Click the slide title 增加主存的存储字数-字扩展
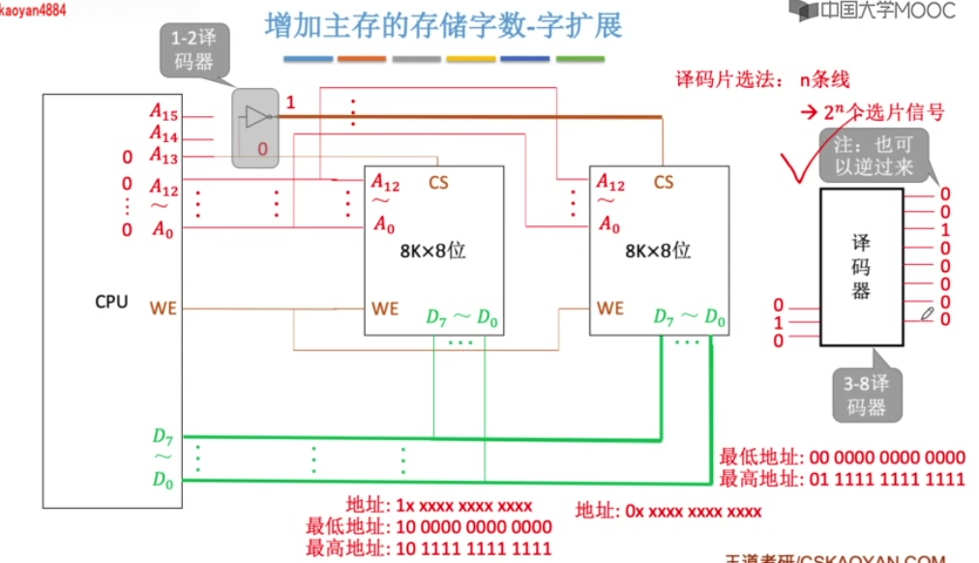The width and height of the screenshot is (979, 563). (443, 26)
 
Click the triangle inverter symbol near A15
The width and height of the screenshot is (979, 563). (255, 117)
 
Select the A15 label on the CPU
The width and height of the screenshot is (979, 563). (163, 112)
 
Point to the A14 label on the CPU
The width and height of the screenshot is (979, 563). (163, 135)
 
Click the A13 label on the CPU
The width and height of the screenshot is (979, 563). (163, 156)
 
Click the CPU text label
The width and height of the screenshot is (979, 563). (111, 301)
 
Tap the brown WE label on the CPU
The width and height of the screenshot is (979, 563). (163, 309)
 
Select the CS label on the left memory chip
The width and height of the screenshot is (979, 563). (438, 182)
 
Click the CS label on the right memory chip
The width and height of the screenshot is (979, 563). (663, 182)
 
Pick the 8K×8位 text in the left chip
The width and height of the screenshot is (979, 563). (433, 250)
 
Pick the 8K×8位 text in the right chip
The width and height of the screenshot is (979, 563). (658, 250)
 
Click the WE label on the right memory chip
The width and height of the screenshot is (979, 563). (610, 309)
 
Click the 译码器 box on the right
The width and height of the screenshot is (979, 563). (861, 266)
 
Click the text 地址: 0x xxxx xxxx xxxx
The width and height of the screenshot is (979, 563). (668, 511)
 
